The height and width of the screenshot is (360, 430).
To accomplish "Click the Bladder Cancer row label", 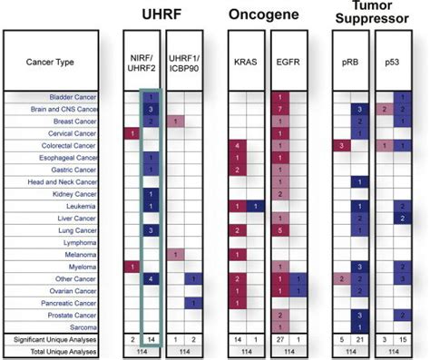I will coord(73,96).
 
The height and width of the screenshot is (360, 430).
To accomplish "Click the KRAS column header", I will coord(243,62).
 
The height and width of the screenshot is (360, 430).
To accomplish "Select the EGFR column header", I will coord(287,62).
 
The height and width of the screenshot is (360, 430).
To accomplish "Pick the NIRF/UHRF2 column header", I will coord(143,62).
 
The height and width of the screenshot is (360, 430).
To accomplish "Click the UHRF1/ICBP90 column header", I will coord(187,62).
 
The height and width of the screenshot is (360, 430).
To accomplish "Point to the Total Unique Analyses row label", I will coord(64,350).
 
